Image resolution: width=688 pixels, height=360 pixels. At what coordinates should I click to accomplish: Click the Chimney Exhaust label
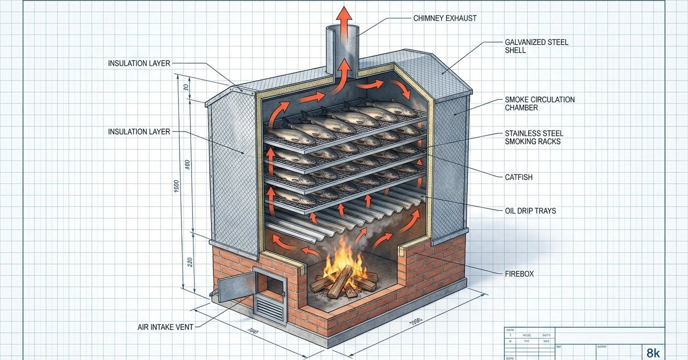[x=444, y=18]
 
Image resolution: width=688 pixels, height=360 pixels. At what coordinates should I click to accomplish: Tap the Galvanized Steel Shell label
[x=536, y=46]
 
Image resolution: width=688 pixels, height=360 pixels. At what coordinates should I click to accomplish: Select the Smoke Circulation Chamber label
[x=539, y=103]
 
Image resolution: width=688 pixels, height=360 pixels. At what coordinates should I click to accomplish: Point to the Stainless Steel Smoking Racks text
[x=534, y=137]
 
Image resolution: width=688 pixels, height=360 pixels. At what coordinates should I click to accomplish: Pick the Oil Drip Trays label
[x=530, y=211]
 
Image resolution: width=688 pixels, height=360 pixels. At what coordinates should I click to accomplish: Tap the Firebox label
[x=519, y=274]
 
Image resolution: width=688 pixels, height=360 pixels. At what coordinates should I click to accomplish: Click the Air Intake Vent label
[x=165, y=327]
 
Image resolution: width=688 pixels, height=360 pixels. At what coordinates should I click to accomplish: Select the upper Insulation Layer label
[x=139, y=63]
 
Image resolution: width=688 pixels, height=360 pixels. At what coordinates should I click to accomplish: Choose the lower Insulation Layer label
[x=139, y=132]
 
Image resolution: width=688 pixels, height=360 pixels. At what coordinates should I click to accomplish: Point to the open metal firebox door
[x=233, y=286]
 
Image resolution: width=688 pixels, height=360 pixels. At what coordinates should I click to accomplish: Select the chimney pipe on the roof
[x=342, y=50]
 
